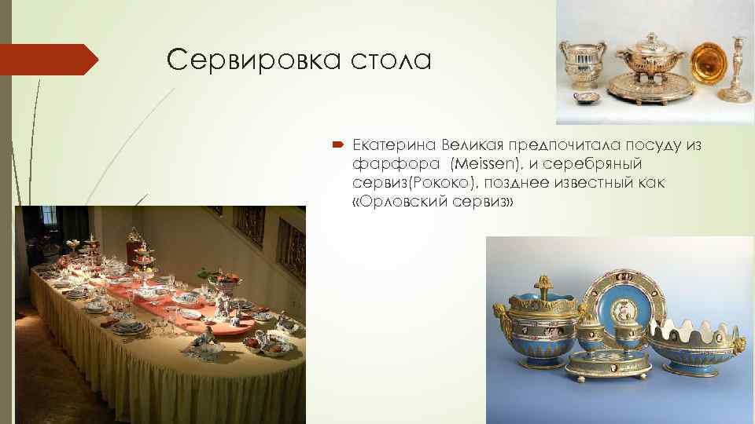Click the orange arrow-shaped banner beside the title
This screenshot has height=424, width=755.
pyautogui.click(x=47, y=60)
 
